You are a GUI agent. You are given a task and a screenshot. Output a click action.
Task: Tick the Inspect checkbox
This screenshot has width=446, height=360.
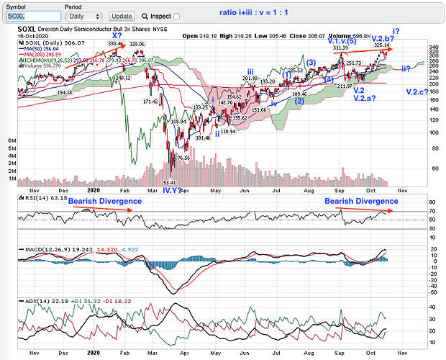point(176,15)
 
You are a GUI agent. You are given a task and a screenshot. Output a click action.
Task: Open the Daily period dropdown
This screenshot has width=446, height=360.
point(83,15)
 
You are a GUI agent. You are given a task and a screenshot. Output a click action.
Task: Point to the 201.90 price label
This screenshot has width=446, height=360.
point(250,78)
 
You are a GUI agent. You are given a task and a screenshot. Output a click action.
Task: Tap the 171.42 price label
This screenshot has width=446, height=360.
point(150,102)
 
